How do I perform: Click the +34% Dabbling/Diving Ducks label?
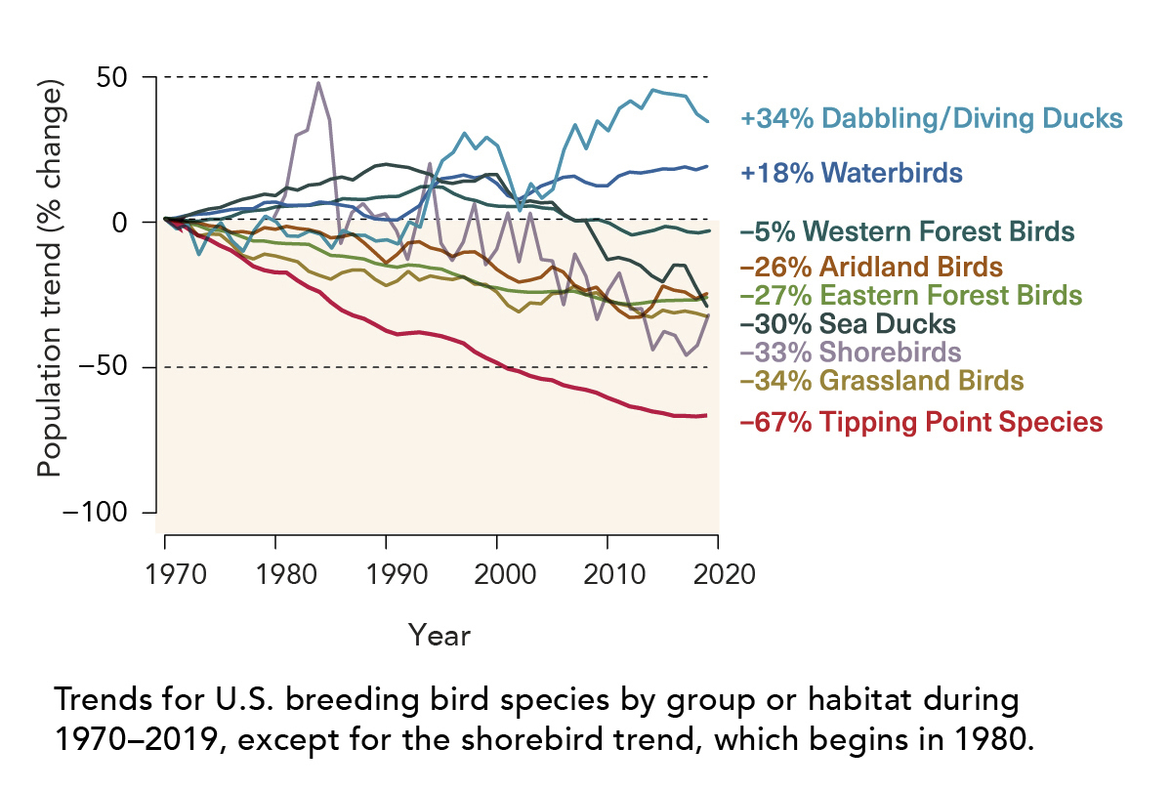(x=930, y=119)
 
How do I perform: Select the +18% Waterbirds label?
(x=852, y=174)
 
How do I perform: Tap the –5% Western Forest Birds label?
(x=907, y=232)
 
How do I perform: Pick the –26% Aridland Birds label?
(x=871, y=266)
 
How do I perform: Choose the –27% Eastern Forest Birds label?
(x=910, y=295)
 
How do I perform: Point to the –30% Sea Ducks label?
(x=848, y=323)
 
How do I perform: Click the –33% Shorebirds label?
(x=851, y=352)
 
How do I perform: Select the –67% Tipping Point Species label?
(x=922, y=423)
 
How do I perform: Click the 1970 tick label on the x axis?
(x=166, y=573)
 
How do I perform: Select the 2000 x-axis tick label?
(x=498, y=573)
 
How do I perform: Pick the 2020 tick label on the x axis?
(x=720, y=573)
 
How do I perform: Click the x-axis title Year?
(x=439, y=636)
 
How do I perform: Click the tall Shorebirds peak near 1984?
(x=318, y=83)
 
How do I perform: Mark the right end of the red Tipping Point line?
(x=706, y=415)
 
